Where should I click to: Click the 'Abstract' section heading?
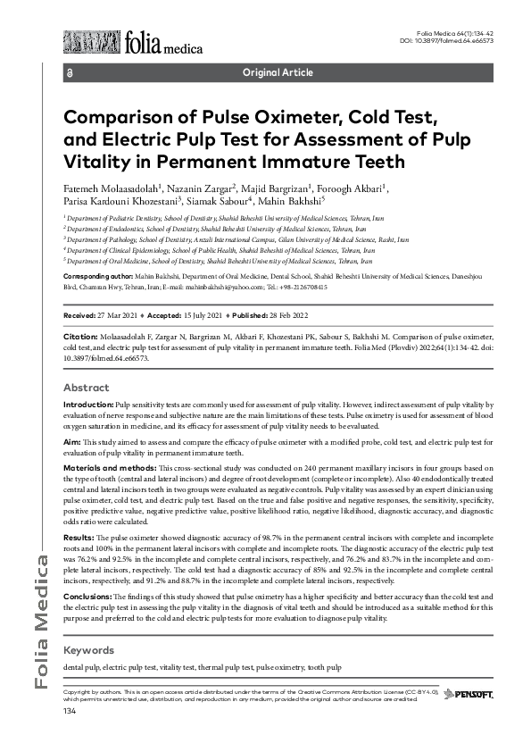87,389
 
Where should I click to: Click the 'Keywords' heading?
88,650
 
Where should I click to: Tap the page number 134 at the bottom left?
70,711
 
